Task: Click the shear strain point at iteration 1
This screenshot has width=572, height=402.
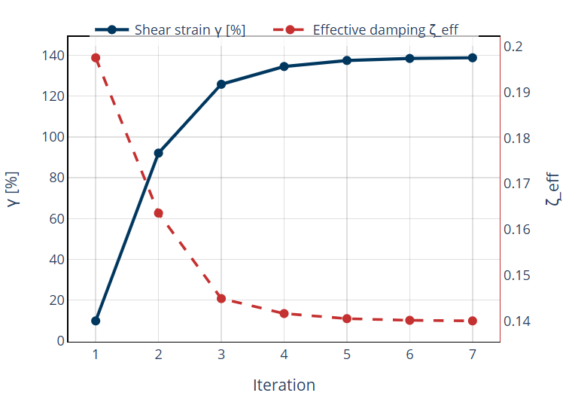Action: (96, 321)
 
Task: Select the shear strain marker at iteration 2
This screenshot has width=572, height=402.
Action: (159, 153)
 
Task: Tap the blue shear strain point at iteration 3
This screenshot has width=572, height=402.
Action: (221, 84)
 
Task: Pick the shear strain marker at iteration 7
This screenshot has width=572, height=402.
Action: (473, 58)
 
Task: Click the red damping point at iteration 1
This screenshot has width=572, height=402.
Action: (96, 58)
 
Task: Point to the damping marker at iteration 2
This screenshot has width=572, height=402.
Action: (159, 213)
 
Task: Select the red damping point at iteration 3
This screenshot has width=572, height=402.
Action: (221, 299)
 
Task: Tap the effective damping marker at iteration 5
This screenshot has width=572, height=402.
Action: (347, 318)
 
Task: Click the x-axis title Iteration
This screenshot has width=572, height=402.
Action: (284, 385)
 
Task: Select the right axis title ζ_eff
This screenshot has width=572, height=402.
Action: (554, 190)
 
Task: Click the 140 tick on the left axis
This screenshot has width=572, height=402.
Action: (53, 56)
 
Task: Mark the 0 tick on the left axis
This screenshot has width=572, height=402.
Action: (60, 341)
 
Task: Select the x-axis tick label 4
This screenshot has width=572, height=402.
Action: (284, 355)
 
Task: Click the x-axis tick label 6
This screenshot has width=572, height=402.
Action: (409, 355)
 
